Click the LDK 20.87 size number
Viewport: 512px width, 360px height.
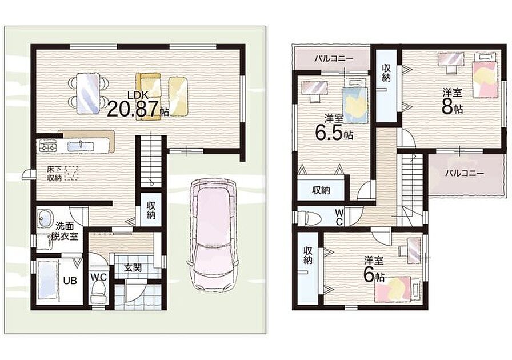[133, 109]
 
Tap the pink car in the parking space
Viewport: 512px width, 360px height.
[213, 235]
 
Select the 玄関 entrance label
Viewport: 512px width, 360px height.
[133, 268]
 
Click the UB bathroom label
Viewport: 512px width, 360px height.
[70, 281]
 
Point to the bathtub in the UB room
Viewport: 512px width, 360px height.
[47, 281]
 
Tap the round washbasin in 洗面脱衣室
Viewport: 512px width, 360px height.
[45, 218]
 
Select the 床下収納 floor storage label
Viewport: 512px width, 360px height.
[54, 174]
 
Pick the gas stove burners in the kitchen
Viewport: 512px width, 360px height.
[47, 146]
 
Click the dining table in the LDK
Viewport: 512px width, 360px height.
[88, 93]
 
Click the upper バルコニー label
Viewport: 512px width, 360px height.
[334, 59]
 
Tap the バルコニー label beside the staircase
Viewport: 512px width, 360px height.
[465, 173]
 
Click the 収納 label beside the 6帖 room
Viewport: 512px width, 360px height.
[307, 255]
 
